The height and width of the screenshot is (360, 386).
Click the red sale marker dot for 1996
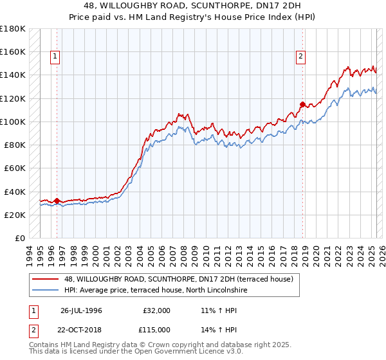click(x=57, y=201)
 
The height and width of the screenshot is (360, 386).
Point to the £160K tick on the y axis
click(x=13, y=51)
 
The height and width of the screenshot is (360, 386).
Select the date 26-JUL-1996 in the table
click(x=81, y=310)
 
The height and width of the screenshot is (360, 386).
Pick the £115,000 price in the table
click(x=156, y=330)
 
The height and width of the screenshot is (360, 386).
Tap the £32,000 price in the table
click(x=156, y=310)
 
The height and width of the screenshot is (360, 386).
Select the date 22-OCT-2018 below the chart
click(x=81, y=330)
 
